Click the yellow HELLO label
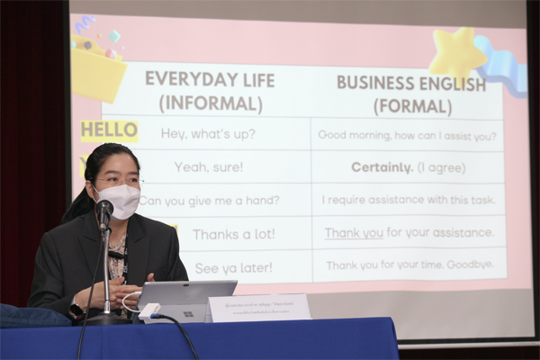[x=109, y=131]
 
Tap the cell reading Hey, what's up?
[x=208, y=133]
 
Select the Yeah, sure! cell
[x=208, y=166]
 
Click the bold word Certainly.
[x=382, y=167]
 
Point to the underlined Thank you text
[x=354, y=233]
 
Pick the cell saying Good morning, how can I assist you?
[x=408, y=135]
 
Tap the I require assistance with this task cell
[x=408, y=200]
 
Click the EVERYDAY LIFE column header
[x=210, y=91]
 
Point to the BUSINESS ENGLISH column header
[x=410, y=94]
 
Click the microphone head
[x=104, y=210]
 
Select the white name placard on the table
[x=259, y=308]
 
